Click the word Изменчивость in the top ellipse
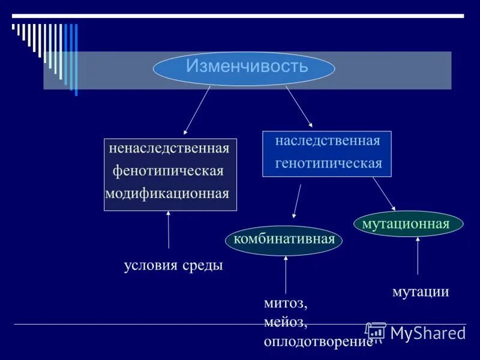[x=247, y=66]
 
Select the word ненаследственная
[x=169, y=148]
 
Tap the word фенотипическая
[x=169, y=171]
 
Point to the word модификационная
[x=167, y=193]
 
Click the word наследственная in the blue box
[x=328, y=141]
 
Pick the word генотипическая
[x=329, y=163]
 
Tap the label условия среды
[x=173, y=265]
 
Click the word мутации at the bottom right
[x=421, y=292]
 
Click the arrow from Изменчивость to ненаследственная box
[x=197, y=110]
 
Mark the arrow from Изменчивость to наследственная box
[x=299, y=106]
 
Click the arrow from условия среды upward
[x=168, y=230]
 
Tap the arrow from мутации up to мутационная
[x=418, y=256]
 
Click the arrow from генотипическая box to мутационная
[x=383, y=192]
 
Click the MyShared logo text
[x=427, y=333]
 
